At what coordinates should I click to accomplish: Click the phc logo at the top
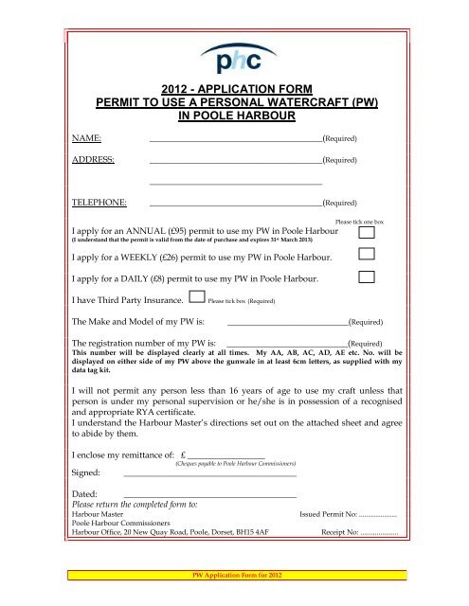coord(235,62)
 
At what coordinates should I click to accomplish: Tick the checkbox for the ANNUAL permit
coord(369,232)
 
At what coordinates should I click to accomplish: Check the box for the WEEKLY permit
coord(369,255)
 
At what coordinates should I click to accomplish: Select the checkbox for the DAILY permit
coord(369,277)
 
